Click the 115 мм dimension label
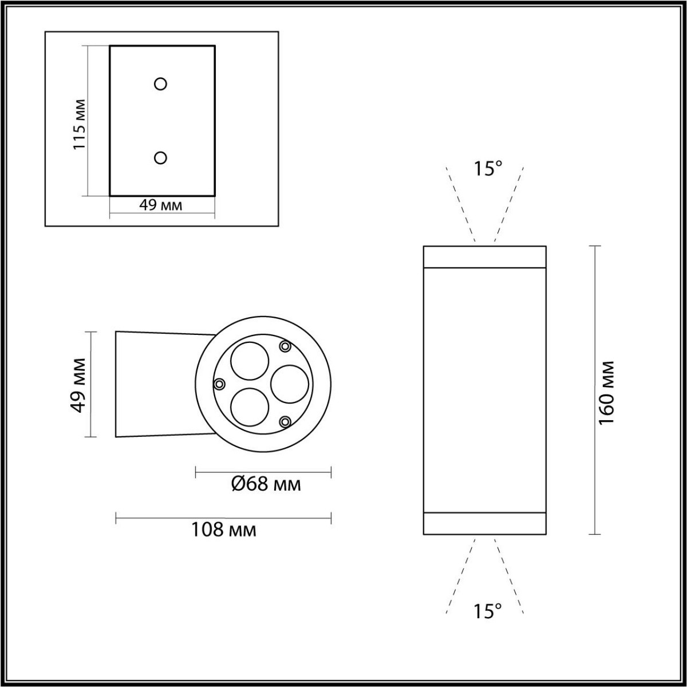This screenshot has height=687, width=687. (80, 124)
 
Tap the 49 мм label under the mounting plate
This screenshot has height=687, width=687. (161, 205)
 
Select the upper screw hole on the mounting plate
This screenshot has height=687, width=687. (161, 84)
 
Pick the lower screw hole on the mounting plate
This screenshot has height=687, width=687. (161, 157)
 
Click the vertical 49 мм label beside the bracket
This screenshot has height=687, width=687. (78, 384)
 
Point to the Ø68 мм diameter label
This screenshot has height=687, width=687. (266, 484)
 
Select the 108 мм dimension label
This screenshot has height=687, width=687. (223, 530)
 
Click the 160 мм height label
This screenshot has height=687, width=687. (606, 392)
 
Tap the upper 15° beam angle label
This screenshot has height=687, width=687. (487, 168)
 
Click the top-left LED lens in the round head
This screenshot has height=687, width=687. (248, 361)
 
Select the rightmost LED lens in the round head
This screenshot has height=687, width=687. (290, 384)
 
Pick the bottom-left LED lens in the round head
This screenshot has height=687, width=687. (249, 406)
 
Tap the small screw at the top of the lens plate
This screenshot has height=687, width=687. (285, 346)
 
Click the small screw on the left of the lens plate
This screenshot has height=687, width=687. (219, 384)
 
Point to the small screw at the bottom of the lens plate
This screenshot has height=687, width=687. (285, 422)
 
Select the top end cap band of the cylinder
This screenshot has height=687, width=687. (484, 256)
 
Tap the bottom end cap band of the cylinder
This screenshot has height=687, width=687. (484, 523)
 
